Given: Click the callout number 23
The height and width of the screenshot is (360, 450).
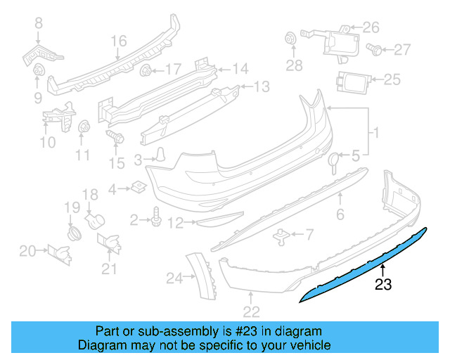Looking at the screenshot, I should (383, 285).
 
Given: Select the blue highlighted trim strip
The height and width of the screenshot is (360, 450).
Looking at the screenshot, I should (366, 264).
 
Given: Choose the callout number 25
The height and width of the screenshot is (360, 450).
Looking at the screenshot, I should (392, 79).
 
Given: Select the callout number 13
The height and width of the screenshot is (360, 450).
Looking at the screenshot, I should (261, 86).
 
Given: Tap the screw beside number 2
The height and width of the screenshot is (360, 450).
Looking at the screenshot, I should (155, 221).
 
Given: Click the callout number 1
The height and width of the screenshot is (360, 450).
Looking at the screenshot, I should (375, 133).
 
